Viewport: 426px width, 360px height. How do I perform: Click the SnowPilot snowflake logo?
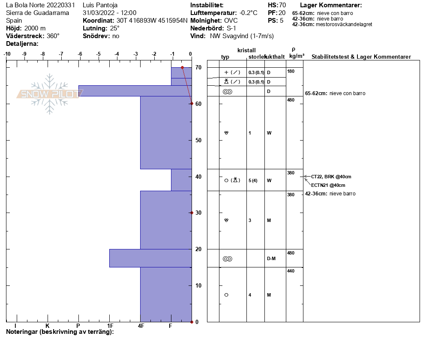[49, 94]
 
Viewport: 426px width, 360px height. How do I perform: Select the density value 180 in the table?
[291, 71]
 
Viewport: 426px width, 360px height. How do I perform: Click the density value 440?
[291, 271]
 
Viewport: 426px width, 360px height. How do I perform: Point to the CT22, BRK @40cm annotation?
[331, 177]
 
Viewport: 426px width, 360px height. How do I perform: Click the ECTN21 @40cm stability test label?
[328, 185]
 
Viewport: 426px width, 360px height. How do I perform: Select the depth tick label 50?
[198, 140]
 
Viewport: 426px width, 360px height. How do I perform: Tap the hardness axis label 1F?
[110, 326]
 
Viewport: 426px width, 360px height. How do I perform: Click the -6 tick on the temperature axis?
[80, 54]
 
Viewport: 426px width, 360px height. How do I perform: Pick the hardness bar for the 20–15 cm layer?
[150, 258]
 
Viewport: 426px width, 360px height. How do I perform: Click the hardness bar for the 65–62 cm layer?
[135, 91]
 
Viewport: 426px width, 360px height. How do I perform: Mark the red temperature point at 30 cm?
[192, 213]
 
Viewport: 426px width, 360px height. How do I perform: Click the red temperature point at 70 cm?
[182, 67]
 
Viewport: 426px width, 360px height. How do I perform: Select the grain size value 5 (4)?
[253, 180]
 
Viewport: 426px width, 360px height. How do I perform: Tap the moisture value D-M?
[271, 259]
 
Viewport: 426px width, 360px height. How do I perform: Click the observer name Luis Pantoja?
[100, 5]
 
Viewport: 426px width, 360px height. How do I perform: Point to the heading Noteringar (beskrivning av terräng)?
[60, 332]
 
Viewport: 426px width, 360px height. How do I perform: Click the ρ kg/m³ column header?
[297, 53]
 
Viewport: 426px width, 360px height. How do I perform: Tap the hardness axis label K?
[47, 326]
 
